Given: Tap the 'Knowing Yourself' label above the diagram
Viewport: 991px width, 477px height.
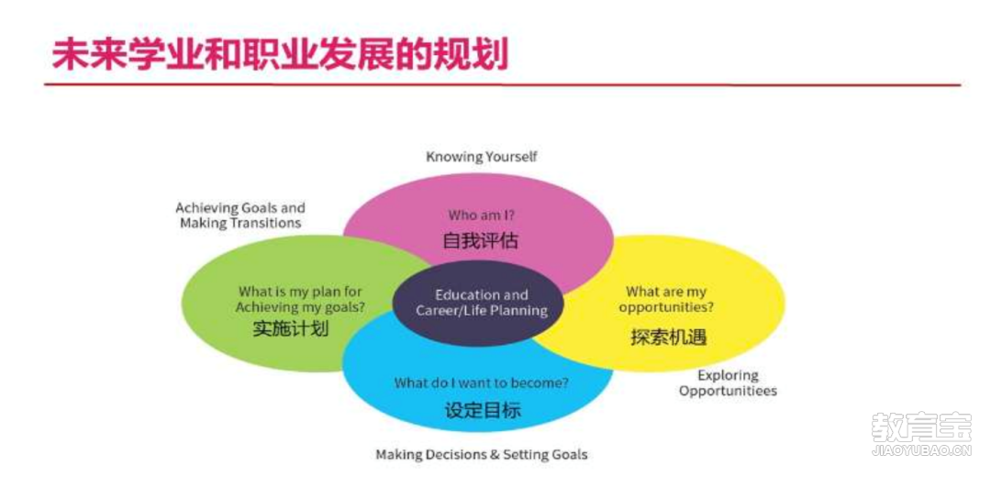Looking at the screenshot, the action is tap(482, 157).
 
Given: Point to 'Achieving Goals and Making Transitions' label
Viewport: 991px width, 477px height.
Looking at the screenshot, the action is tap(240, 216).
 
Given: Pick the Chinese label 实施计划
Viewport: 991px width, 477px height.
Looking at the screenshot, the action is tap(291, 329).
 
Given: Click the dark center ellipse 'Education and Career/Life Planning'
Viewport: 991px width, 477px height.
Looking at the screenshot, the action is tap(478, 304).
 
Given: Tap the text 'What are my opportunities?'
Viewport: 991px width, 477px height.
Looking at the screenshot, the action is tap(666, 300).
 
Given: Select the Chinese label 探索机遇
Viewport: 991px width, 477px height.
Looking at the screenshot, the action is tap(668, 337).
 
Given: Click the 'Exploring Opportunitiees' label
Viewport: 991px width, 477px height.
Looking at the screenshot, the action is tap(728, 383).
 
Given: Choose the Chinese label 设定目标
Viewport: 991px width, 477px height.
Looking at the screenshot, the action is tap(483, 410).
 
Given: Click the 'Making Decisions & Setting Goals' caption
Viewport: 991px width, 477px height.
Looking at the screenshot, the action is tap(482, 455).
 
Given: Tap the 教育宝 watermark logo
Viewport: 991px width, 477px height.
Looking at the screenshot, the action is tap(921, 427).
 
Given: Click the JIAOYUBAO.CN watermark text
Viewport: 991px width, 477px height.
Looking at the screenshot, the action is tap(921, 451).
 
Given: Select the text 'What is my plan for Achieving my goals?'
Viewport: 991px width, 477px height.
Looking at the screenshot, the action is tap(300, 300).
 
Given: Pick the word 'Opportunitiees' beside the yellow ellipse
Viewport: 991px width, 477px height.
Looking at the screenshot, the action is tap(728, 391).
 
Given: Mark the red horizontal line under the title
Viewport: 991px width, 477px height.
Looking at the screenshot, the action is tap(503, 84).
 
